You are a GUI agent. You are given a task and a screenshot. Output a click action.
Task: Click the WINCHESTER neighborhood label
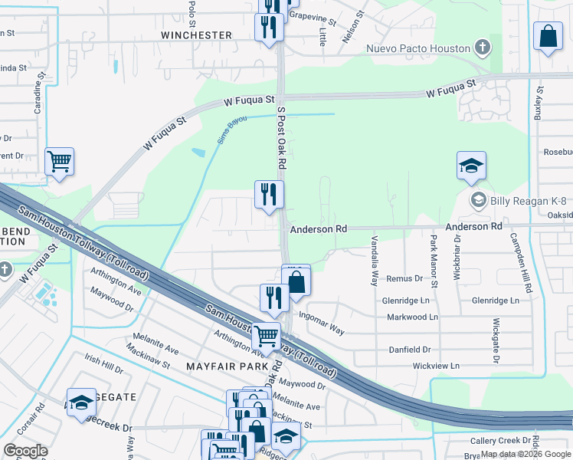[x=196, y=35]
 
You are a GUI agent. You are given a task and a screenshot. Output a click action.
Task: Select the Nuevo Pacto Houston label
[x=417, y=48]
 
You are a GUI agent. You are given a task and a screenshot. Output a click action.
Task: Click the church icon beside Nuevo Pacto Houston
[x=482, y=48]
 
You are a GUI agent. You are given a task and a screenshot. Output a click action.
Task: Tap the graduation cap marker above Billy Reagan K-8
[x=472, y=166]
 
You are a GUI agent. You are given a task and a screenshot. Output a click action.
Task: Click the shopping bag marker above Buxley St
[x=548, y=36]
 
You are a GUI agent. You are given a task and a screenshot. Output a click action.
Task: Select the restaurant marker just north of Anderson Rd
[x=269, y=195]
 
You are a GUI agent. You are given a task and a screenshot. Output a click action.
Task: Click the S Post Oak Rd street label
[x=281, y=138]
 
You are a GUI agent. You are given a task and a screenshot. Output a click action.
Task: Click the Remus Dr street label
[x=404, y=279]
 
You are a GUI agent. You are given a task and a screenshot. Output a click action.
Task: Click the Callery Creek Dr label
[x=499, y=441]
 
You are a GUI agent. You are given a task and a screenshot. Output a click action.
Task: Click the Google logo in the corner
[x=25, y=451]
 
